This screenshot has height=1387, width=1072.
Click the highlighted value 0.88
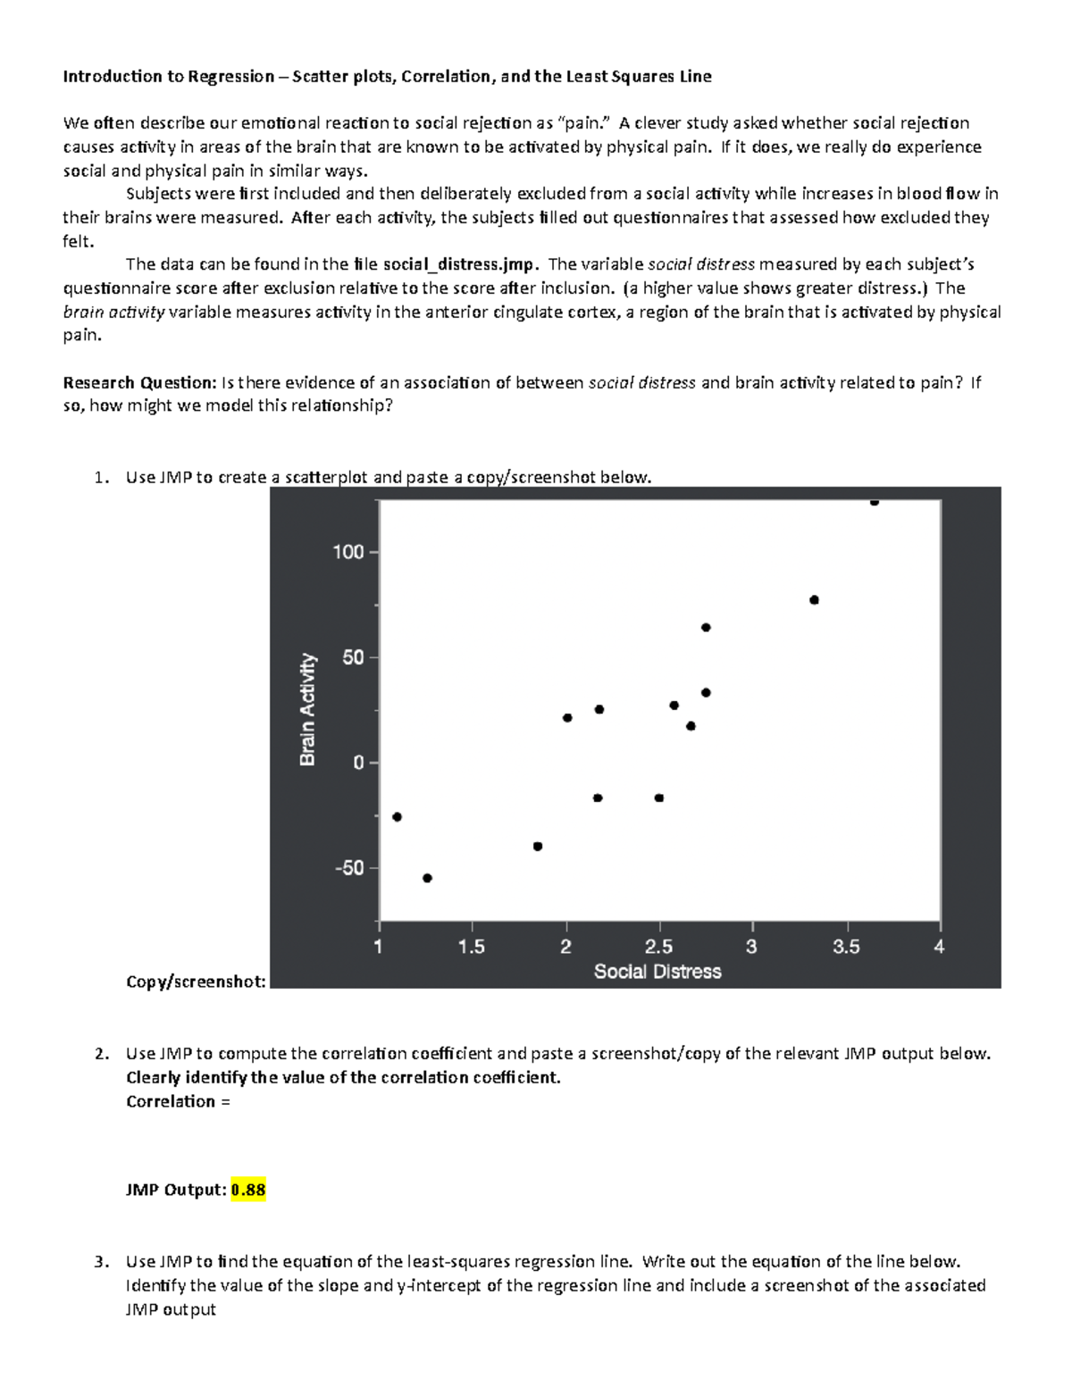click(248, 1190)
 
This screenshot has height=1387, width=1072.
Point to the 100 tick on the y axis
click(348, 552)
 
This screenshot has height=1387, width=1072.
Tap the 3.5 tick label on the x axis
click(845, 947)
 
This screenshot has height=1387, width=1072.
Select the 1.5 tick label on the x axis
click(471, 947)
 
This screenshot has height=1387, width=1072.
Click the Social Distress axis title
click(657, 972)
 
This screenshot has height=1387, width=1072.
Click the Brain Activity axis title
click(308, 709)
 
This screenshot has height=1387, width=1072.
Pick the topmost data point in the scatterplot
click(874, 502)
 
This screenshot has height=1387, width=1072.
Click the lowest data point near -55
click(427, 878)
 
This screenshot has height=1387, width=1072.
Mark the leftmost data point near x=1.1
click(398, 817)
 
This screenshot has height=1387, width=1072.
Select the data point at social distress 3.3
click(814, 600)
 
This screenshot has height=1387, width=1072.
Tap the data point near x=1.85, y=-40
click(538, 847)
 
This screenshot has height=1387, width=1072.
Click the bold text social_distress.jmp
click(460, 264)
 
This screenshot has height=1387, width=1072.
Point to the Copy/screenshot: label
click(196, 982)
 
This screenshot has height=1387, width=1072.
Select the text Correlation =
click(178, 1101)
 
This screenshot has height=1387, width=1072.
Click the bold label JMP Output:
click(176, 1190)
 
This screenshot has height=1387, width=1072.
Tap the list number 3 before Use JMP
click(99, 1262)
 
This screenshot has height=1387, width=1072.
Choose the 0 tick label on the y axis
click(359, 763)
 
